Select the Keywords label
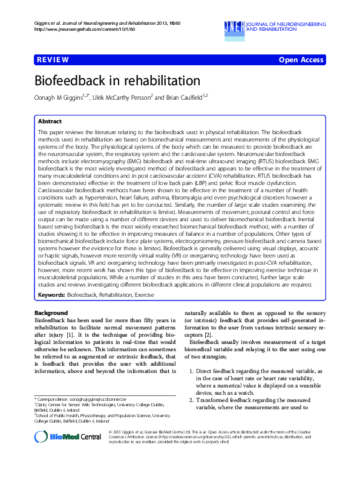(x=51, y=295)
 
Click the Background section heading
(x=51, y=313)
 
